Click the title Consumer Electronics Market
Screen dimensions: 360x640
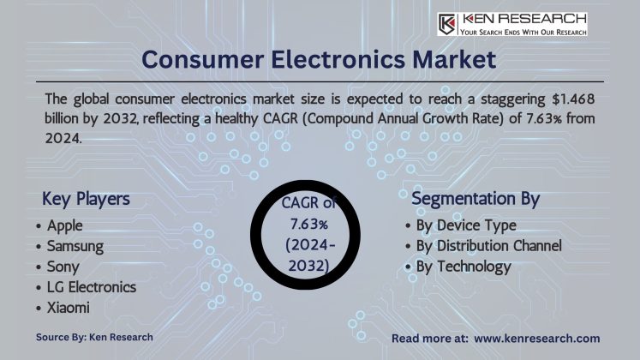point(319,60)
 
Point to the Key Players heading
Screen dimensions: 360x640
point(86,199)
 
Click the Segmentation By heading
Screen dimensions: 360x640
point(476,199)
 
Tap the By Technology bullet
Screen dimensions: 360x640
point(463,267)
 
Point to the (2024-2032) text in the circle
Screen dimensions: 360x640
point(305,257)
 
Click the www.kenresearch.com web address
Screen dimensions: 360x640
point(537,339)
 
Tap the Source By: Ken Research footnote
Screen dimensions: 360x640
point(94,337)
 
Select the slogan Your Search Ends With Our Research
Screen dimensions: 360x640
point(523,32)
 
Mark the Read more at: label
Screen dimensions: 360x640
point(428,339)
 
